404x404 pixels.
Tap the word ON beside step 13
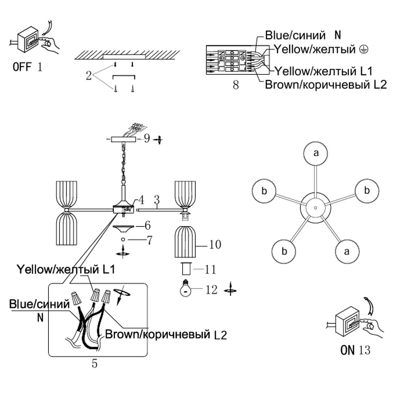pos(347,350)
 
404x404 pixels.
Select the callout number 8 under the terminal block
pos(236,86)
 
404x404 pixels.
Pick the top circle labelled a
pos(316,153)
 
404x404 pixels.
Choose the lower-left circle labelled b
pos(284,251)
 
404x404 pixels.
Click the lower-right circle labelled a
pos(346,251)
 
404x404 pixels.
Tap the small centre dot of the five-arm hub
pos(316,207)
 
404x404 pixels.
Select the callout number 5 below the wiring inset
pos(95,363)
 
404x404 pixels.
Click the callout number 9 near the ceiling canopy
pos(146,139)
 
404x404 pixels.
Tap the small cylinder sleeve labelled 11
pos(185,269)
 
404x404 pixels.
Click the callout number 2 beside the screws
pos(89,76)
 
